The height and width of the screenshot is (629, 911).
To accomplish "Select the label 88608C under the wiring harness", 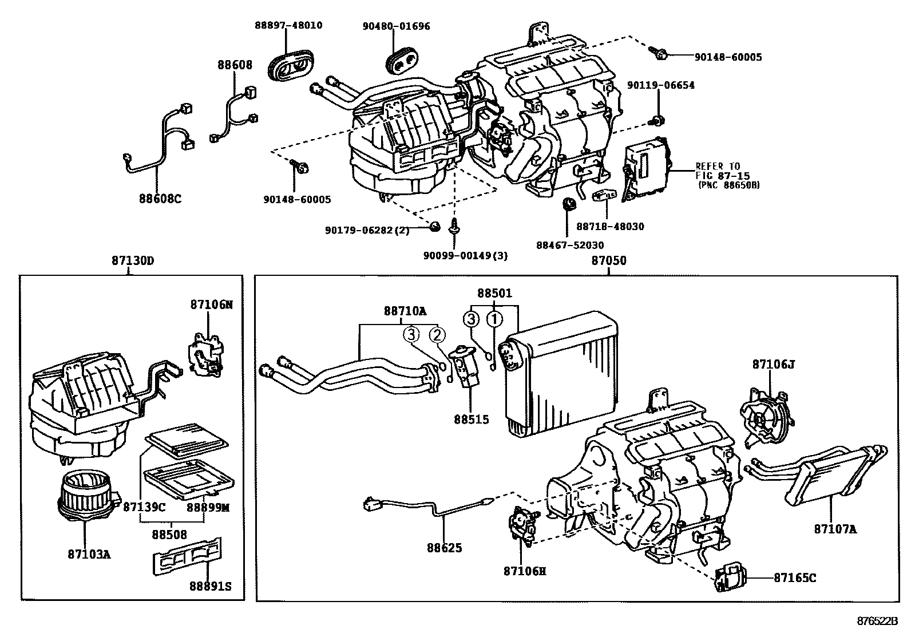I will tap(160, 199).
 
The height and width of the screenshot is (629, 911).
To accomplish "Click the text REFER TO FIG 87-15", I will tap(722, 171).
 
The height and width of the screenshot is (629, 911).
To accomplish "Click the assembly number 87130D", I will tap(133, 261).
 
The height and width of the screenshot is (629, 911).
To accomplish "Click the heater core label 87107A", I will tap(835, 529).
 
